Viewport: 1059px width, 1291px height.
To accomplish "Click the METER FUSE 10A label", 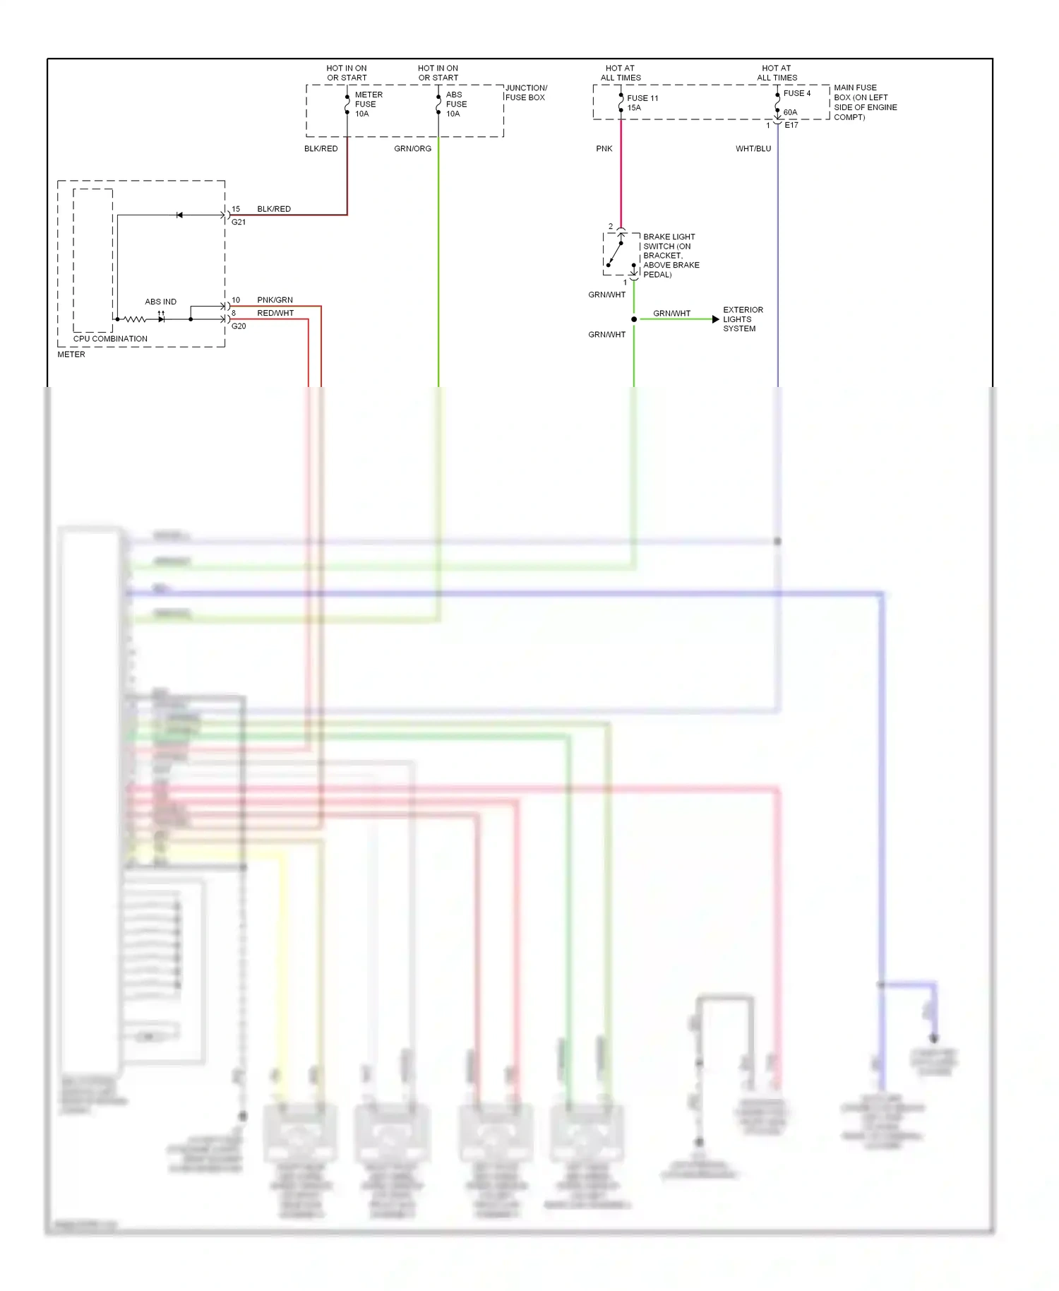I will click(x=368, y=104).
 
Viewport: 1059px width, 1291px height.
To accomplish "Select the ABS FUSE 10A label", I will click(x=456, y=104).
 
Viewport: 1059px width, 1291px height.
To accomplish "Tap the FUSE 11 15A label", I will click(x=642, y=102).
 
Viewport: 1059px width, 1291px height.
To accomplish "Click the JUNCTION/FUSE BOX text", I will click(x=525, y=93).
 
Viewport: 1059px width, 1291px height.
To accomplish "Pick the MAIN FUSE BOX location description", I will click(x=865, y=102).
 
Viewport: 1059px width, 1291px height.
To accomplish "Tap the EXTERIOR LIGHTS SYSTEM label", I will click(x=742, y=319).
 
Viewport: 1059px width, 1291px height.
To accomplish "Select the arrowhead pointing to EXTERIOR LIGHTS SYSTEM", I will click(x=715, y=319).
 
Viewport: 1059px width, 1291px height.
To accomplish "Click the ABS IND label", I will click(x=160, y=302).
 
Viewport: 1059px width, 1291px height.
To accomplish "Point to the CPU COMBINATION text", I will click(x=110, y=338).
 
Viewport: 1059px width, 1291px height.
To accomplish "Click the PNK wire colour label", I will click(x=604, y=148).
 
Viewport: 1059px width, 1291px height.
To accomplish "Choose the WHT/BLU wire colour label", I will click(x=753, y=148).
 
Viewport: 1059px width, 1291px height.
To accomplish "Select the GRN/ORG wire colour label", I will click(x=412, y=148).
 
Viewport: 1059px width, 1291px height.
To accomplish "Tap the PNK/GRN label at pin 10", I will click(x=275, y=300).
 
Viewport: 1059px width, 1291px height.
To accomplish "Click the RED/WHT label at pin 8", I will click(x=275, y=313).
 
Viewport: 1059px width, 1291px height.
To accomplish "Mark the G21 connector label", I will click(x=239, y=222).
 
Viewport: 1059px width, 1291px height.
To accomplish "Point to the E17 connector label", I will click(x=791, y=125).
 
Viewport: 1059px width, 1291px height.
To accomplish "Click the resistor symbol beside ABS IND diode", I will click(x=134, y=319).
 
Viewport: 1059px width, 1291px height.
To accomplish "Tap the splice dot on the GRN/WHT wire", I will click(x=634, y=319).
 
